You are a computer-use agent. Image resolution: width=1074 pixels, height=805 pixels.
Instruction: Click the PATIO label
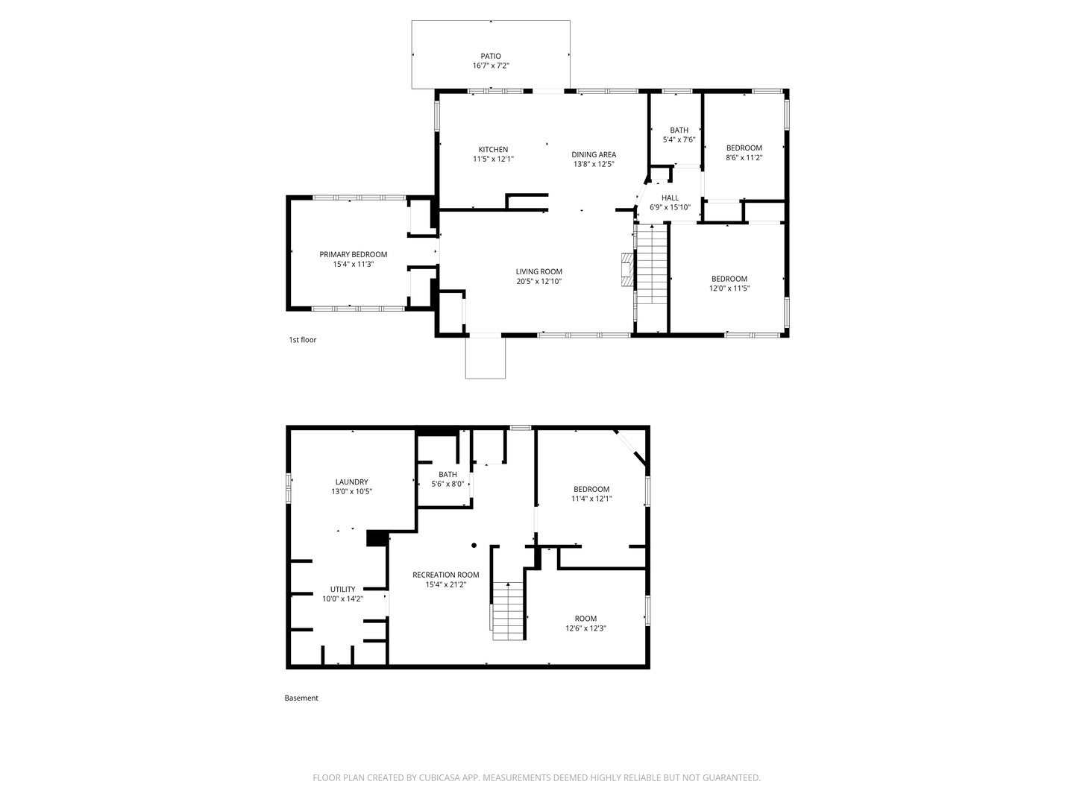coord(490,56)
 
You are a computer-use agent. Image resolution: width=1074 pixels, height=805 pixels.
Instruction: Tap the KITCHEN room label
coord(493,150)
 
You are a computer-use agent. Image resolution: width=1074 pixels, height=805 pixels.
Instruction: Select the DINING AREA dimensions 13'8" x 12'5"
coord(594,164)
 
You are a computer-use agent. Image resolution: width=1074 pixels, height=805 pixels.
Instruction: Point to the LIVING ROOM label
coord(538,272)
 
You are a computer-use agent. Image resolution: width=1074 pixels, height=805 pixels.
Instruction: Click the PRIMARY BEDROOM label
coord(353,255)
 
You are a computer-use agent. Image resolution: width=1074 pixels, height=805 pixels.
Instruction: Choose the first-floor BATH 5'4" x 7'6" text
coord(679,135)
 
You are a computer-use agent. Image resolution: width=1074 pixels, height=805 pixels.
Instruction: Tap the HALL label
coord(670,198)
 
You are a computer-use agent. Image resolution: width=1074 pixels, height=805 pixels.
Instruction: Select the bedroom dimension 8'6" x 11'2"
coord(744,158)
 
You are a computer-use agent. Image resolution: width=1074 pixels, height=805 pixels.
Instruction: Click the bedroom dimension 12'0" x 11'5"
coord(729,288)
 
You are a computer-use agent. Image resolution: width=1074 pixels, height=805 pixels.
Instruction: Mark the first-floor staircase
coord(652,265)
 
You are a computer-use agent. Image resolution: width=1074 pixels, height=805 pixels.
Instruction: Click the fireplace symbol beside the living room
coord(628,269)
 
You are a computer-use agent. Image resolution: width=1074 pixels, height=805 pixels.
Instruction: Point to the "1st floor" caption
coord(302,340)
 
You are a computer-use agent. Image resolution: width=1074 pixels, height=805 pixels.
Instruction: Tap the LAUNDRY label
coord(351,482)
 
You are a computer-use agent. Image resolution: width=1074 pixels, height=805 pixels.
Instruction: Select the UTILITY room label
coord(342,590)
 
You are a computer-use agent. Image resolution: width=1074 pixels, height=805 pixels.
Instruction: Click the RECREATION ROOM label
coord(445,575)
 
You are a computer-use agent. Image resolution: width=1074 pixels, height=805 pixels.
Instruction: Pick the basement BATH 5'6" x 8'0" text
coord(447,479)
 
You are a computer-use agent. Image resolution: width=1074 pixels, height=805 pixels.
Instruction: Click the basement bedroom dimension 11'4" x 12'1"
coord(591,499)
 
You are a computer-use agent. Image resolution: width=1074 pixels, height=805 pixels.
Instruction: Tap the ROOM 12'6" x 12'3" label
coord(585,624)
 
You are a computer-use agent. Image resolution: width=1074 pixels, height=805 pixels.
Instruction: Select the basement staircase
coord(509,611)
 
